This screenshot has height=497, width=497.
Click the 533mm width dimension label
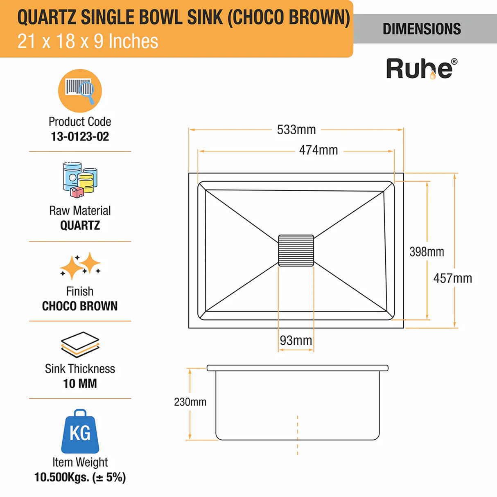tap(296, 130)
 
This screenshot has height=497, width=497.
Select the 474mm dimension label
tap(318, 150)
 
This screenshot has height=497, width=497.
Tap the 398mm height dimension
tap(427, 251)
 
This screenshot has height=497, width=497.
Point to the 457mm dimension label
tap(452, 278)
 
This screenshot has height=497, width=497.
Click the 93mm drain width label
tap(296, 340)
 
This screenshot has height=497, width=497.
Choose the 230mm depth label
tap(190, 402)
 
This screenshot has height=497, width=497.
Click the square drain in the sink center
tap(296, 251)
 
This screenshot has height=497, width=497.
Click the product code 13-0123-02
tap(80, 136)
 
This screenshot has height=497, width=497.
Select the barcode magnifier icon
tap(80, 90)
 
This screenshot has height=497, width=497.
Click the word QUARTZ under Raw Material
tap(80, 225)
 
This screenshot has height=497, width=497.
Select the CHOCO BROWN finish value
tap(80, 306)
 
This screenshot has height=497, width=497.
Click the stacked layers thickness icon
tap(80, 344)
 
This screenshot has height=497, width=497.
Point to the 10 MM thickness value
tap(80, 384)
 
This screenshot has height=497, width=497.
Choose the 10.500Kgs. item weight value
tap(80, 477)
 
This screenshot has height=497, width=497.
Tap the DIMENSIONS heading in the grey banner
tap(422, 29)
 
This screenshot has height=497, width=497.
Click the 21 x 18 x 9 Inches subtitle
tap(88, 41)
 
